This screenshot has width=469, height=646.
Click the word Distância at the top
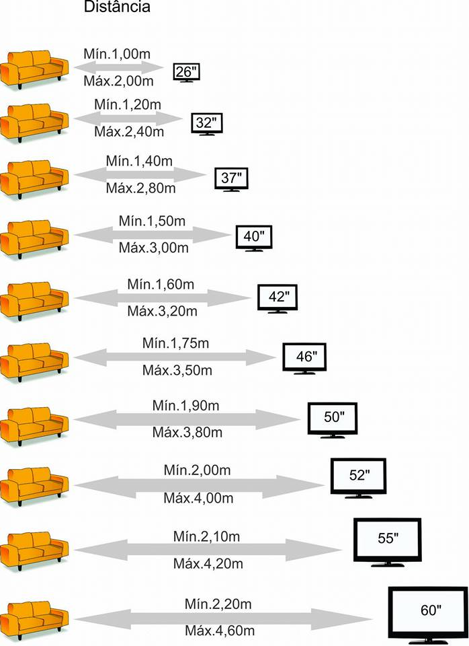click(117, 7)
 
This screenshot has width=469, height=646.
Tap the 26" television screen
click(186, 72)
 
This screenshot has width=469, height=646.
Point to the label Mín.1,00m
click(117, 54)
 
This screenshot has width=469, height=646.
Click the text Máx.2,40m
click(129, 131)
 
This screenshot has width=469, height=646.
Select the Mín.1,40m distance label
click(139, 161)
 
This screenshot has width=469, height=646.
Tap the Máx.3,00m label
click(153, 248)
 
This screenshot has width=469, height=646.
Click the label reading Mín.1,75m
click(175, 343)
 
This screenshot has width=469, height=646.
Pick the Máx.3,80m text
click(187, 432)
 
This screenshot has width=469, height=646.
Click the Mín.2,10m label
click(206, 536)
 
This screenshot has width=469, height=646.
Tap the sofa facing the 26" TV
click(34, 69)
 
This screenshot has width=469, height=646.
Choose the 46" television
click(304, 358)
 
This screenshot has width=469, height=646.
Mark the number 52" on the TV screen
click(359, 475)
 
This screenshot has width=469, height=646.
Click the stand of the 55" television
click(388, 564)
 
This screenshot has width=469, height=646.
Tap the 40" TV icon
click(253, 238)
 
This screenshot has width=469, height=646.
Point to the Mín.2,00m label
click(197, 470)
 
